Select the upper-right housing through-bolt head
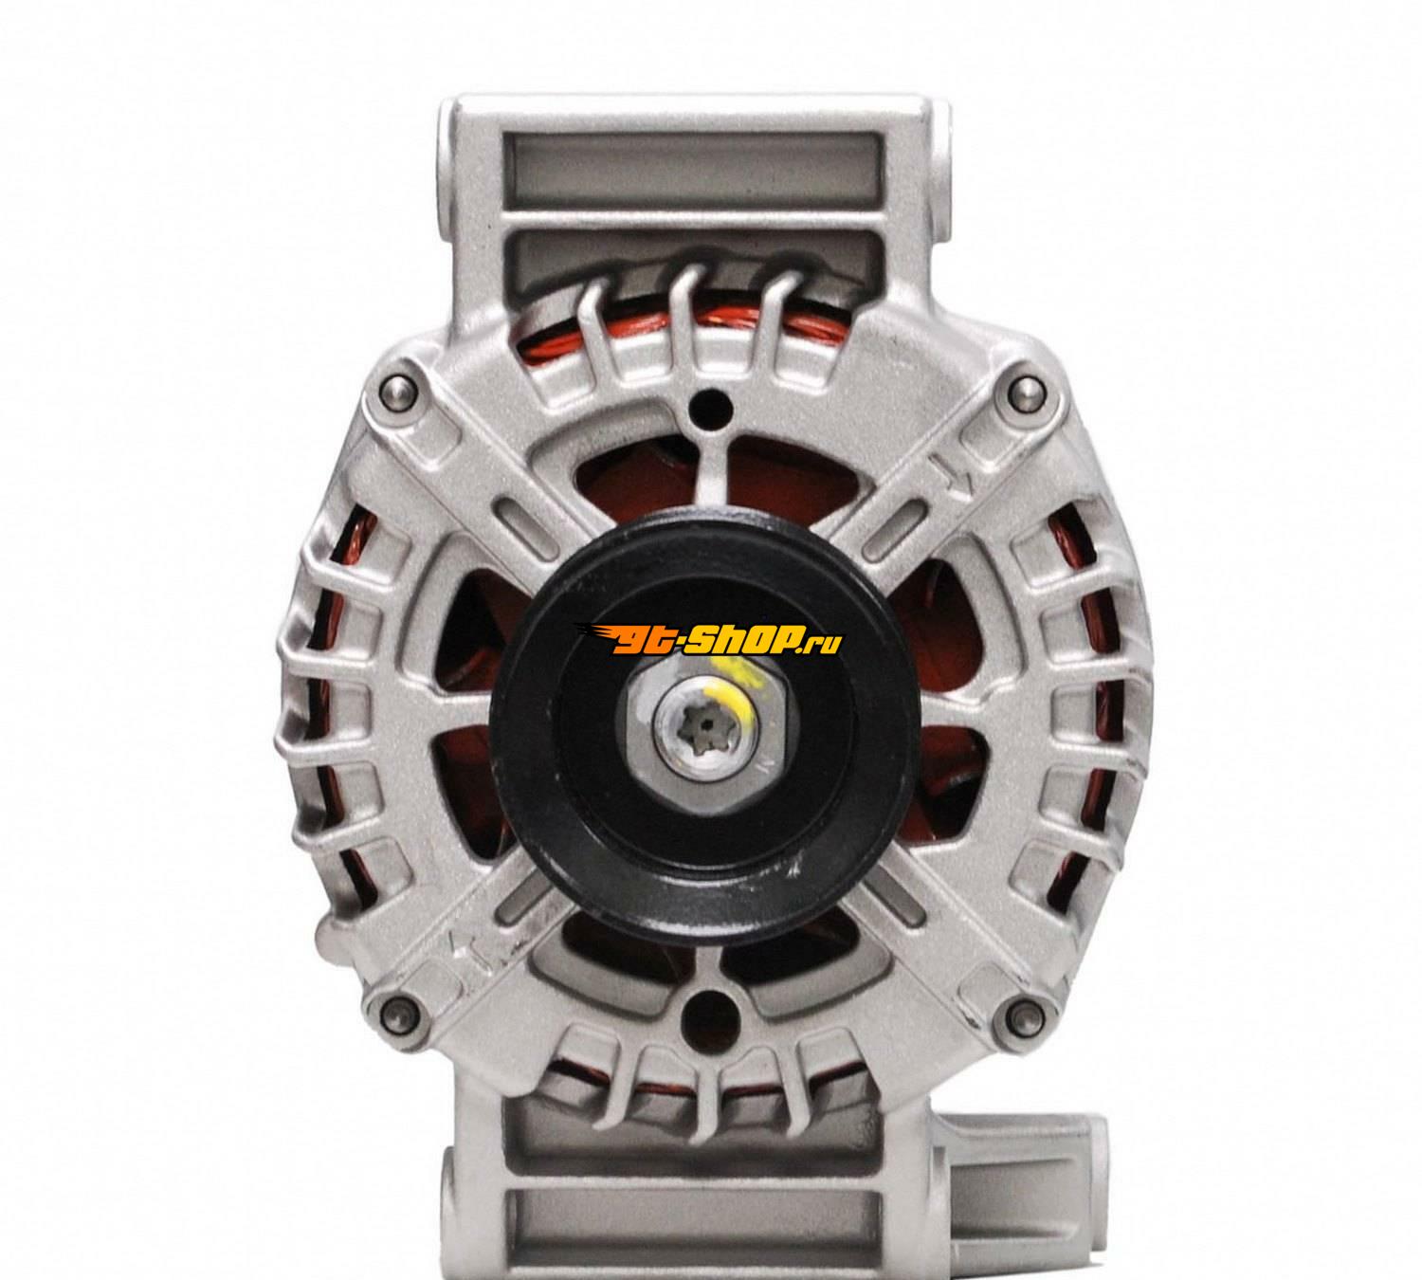(x=1025, y=389)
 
